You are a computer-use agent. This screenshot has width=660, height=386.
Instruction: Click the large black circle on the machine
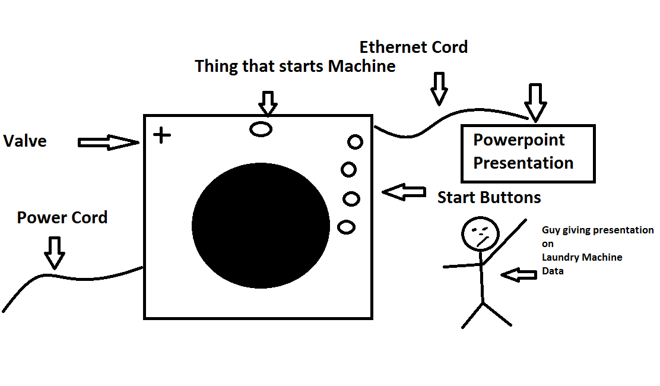pos(261,225)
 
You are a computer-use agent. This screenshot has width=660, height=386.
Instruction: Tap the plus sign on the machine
pos(161,135)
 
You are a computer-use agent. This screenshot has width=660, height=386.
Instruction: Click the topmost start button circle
pos(355,142)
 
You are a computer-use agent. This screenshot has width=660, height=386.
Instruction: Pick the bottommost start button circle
pos(346,226)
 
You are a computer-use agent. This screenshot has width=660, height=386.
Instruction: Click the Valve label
pos(25,141)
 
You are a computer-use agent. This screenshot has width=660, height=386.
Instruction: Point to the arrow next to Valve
pos(107,143)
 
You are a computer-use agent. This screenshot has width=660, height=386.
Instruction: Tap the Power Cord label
pos(62,218)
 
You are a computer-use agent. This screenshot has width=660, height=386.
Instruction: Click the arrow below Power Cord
pos(55,252)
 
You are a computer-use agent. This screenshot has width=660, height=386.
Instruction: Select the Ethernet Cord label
pos(414,47)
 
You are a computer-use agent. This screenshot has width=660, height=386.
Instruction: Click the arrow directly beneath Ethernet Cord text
pos(439,88)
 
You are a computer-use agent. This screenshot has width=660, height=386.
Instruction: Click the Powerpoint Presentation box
pos(528,153)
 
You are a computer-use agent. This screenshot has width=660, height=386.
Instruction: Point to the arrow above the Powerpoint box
pos(536,102)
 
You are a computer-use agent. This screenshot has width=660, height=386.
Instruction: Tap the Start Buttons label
pos(489,198)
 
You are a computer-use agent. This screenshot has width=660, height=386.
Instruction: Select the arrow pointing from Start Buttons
pos(404,192)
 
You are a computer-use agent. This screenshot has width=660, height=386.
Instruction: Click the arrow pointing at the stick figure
pos(518,275)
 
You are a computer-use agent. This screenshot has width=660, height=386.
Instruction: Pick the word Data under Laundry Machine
pos(553,271)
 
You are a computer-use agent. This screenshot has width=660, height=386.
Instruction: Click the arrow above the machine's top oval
pos(268,103)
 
